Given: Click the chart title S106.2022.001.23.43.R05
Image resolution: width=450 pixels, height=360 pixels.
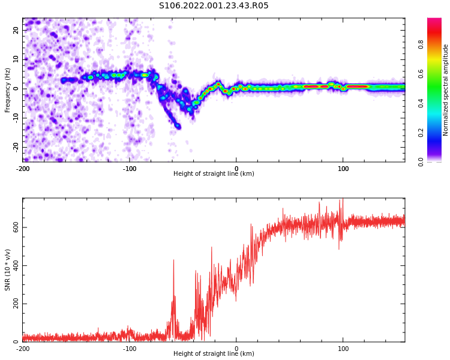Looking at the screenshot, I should tap(214, 6).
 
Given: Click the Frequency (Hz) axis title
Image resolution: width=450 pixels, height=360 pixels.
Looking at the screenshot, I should tap(8, 90).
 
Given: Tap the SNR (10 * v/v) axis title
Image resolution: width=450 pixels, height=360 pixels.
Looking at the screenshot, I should tap(8, 270).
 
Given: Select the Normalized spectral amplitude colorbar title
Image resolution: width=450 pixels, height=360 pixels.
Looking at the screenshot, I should tap(446, 90).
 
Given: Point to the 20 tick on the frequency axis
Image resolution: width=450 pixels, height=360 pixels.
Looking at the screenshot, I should tap(16, 30).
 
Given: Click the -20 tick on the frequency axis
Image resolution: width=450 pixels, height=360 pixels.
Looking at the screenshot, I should tap(14, 147).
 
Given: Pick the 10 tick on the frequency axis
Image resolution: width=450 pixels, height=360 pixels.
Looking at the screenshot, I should tap(16, 59).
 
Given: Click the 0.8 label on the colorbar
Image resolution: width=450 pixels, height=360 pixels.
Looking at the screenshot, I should tap(421, 44).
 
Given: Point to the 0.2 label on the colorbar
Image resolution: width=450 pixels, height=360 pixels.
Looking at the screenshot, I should tap(421, 133).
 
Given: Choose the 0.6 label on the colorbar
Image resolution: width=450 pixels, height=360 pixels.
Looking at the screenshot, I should tap(421, 74).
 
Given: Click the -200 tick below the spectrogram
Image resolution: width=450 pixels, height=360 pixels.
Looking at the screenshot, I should tap(23, 168).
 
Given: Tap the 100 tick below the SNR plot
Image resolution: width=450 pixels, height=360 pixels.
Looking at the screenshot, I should tap(343, 348).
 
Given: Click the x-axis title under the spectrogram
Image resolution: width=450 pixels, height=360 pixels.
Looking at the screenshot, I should tap(214, 174).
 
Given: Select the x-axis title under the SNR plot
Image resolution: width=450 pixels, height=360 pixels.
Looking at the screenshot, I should tap(214, 354).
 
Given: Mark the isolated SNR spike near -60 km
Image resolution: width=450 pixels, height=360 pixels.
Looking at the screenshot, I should tap(173, 262).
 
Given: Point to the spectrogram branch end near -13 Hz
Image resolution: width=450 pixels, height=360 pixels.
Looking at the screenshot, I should tap(178, 126).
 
